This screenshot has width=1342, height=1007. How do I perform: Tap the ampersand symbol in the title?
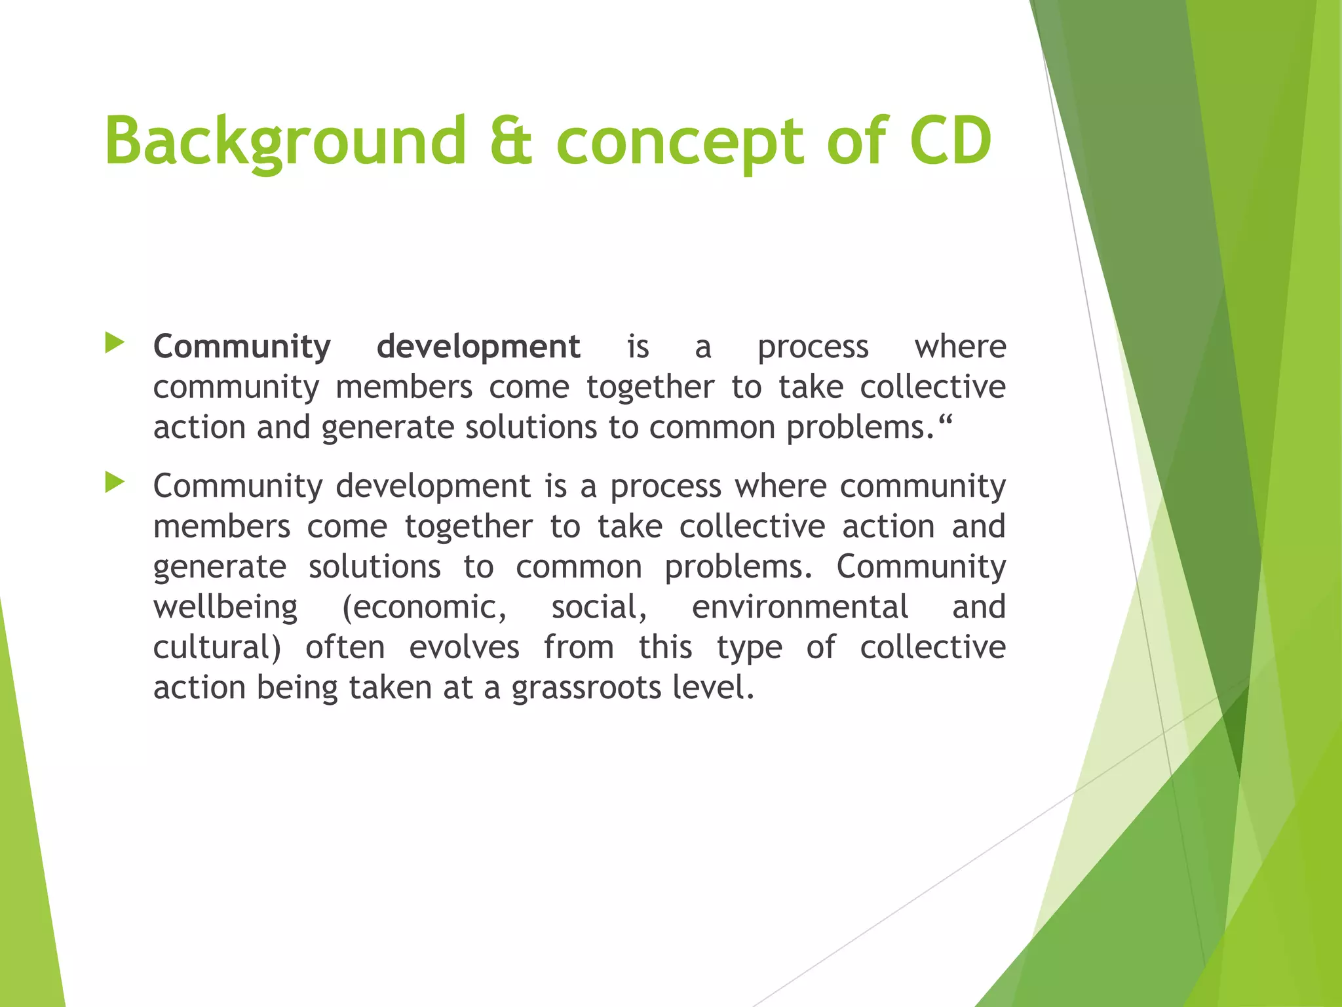click(x=511, y=141)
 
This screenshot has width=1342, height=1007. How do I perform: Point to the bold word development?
click(x=478, y=347)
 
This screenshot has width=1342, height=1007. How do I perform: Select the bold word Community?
click(x=242, y=347)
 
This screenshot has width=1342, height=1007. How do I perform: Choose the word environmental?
click(x=800, y=606)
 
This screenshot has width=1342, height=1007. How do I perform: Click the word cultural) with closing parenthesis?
click(x=217, y=648)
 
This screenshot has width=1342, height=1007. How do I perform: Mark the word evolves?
click(x=465, y=648)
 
